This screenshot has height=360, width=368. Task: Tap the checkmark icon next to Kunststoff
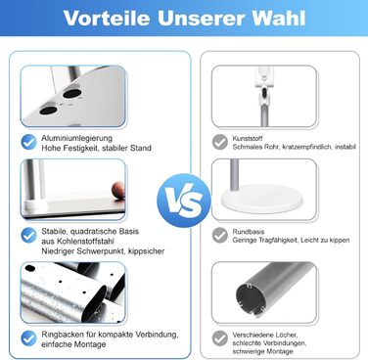tap(220, 142)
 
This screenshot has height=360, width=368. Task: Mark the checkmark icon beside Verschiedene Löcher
tap(220, 339)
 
